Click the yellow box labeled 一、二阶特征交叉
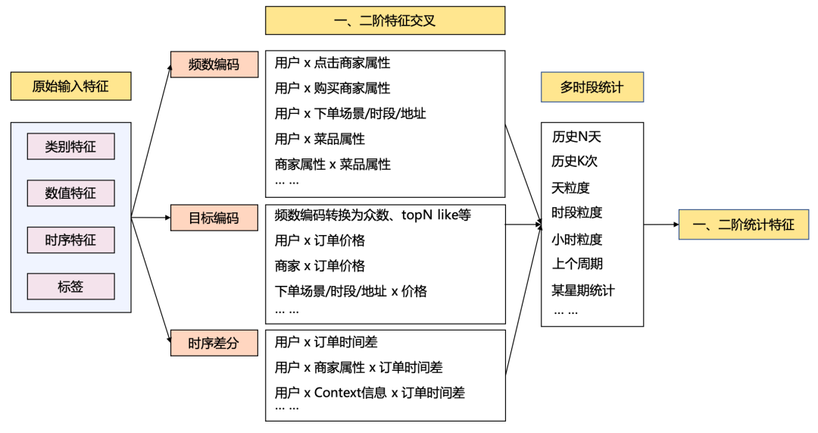coord(385,20)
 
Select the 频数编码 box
coord(214,64)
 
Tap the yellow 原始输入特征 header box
coord(70,86)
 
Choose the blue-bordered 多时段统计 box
coord(592,87)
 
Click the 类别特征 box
coord(70,146)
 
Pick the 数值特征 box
coord(70,193)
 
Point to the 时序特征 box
coord(70,240)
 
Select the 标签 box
coord(70,287)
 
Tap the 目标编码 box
coord(214,218)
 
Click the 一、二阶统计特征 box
coord(743,225)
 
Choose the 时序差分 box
coord(214,344)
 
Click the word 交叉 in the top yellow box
coord(423,20)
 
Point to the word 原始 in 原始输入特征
coord(45,86)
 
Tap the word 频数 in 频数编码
coord(201,64)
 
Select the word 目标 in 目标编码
coord(201,218)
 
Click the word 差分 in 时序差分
coord(226,344)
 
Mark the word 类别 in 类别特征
coord(58,146)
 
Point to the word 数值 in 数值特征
coord(58,193)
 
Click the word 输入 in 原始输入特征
coord(70,86)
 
